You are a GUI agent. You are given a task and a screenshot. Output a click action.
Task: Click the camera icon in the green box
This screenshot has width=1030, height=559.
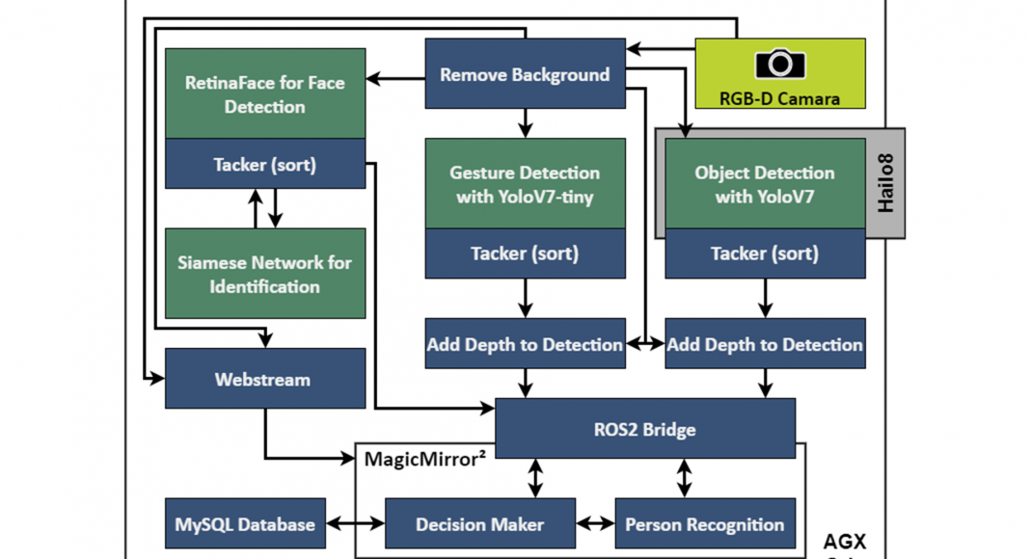coord(779,64)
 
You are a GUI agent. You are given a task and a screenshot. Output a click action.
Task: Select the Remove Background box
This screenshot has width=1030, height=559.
coord(525,74)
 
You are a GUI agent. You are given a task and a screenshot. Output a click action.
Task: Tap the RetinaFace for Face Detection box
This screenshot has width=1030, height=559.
coord(265,94)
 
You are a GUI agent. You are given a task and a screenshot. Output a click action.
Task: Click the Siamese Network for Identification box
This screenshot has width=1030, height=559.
coord(265,274)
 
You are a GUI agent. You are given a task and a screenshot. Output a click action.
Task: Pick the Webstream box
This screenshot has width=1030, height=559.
coord(265,379)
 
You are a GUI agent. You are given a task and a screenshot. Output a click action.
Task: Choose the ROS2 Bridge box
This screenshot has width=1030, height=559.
coord(644,429)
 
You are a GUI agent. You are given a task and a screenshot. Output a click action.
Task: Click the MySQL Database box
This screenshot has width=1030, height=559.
coord(245,524)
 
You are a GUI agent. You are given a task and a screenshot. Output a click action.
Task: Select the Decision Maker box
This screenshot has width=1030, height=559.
coord(479,524)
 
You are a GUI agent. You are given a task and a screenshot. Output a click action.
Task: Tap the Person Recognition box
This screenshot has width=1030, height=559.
coord(704,524)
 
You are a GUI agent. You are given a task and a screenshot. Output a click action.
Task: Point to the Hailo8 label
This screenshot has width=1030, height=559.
coord(886,184)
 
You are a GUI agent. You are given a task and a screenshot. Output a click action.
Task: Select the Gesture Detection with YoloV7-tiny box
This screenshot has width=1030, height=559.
coord(525,184)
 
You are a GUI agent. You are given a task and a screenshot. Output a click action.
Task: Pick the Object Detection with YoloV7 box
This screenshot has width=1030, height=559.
coord(765,184)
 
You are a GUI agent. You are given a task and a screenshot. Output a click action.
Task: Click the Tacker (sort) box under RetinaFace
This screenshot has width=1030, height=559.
coord(265,165)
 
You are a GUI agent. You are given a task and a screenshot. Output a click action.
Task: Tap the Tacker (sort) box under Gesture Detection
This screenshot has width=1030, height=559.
coord(525,253)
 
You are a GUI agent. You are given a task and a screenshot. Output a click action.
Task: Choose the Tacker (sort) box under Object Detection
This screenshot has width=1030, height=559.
coord(765,253)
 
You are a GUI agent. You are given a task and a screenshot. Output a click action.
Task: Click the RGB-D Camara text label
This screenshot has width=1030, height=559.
coord(779,97)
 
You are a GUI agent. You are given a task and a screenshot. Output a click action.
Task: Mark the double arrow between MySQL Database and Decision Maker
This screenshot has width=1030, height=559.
coord(355,524)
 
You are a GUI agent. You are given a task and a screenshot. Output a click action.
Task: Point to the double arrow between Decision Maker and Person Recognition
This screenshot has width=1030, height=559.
coord(595,524)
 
